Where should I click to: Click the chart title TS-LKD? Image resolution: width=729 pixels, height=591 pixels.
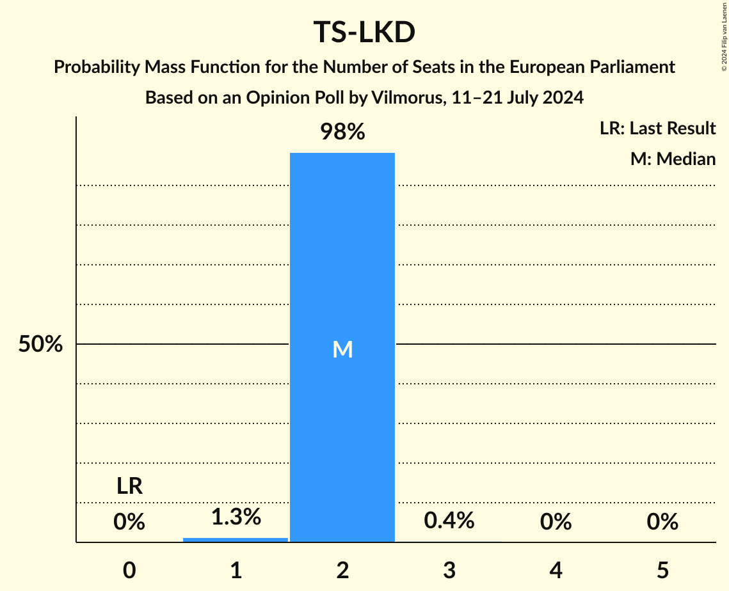364,33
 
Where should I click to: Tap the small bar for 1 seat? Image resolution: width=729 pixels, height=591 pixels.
236,540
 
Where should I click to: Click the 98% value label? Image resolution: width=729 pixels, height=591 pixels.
342,132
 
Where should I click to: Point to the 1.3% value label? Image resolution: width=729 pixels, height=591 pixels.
236,517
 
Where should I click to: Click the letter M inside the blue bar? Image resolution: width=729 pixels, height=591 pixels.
342,349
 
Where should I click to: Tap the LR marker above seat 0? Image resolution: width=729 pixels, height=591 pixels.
129,487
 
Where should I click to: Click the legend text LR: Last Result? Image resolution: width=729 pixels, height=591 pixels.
657,129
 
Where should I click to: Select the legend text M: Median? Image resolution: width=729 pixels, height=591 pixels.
673,159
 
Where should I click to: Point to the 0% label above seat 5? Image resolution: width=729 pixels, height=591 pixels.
662,522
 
